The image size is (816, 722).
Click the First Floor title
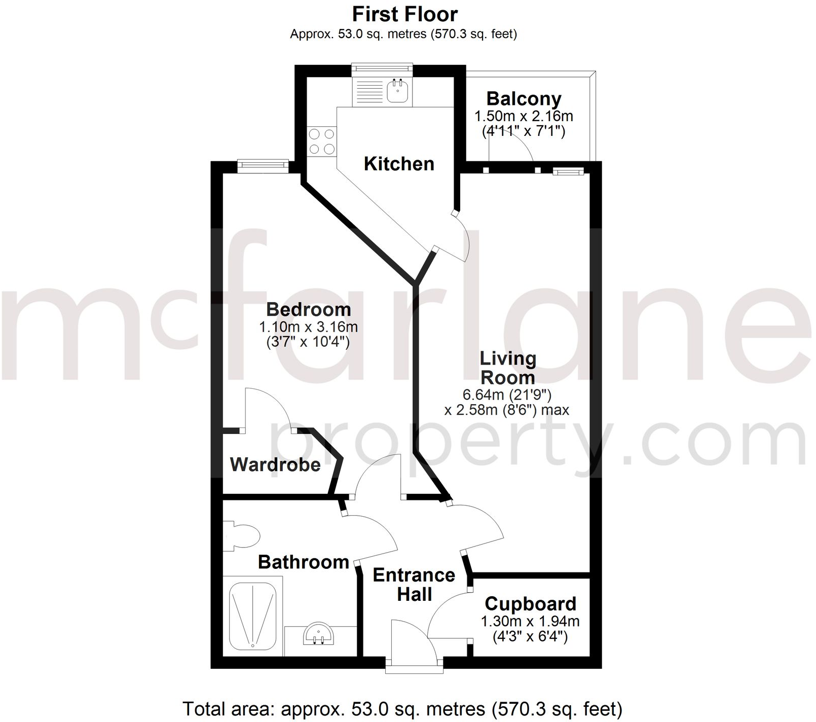click(405, 14)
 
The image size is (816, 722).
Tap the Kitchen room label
click(399, 164)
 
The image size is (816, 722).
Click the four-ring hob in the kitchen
click(322, 141)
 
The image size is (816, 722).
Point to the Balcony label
click(524, 98)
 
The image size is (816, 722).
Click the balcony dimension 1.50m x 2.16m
click(524, 116)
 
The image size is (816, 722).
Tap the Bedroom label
click(308, 309)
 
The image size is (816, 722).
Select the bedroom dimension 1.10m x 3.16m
click(308, 327)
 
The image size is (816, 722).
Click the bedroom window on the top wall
click(263, 164)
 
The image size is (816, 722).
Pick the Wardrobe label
click(275, 464)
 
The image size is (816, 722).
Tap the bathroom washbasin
click(318, 634)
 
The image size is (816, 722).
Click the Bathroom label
click(303, 562)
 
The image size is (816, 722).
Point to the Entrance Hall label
click(414, 585)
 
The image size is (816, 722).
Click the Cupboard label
click(530, 604)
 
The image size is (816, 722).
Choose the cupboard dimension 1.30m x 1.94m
click(530, 621)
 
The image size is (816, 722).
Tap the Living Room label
click(508, 368)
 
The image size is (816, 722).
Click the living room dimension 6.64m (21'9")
click(507, 394)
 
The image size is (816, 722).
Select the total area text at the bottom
click(402, 708)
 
